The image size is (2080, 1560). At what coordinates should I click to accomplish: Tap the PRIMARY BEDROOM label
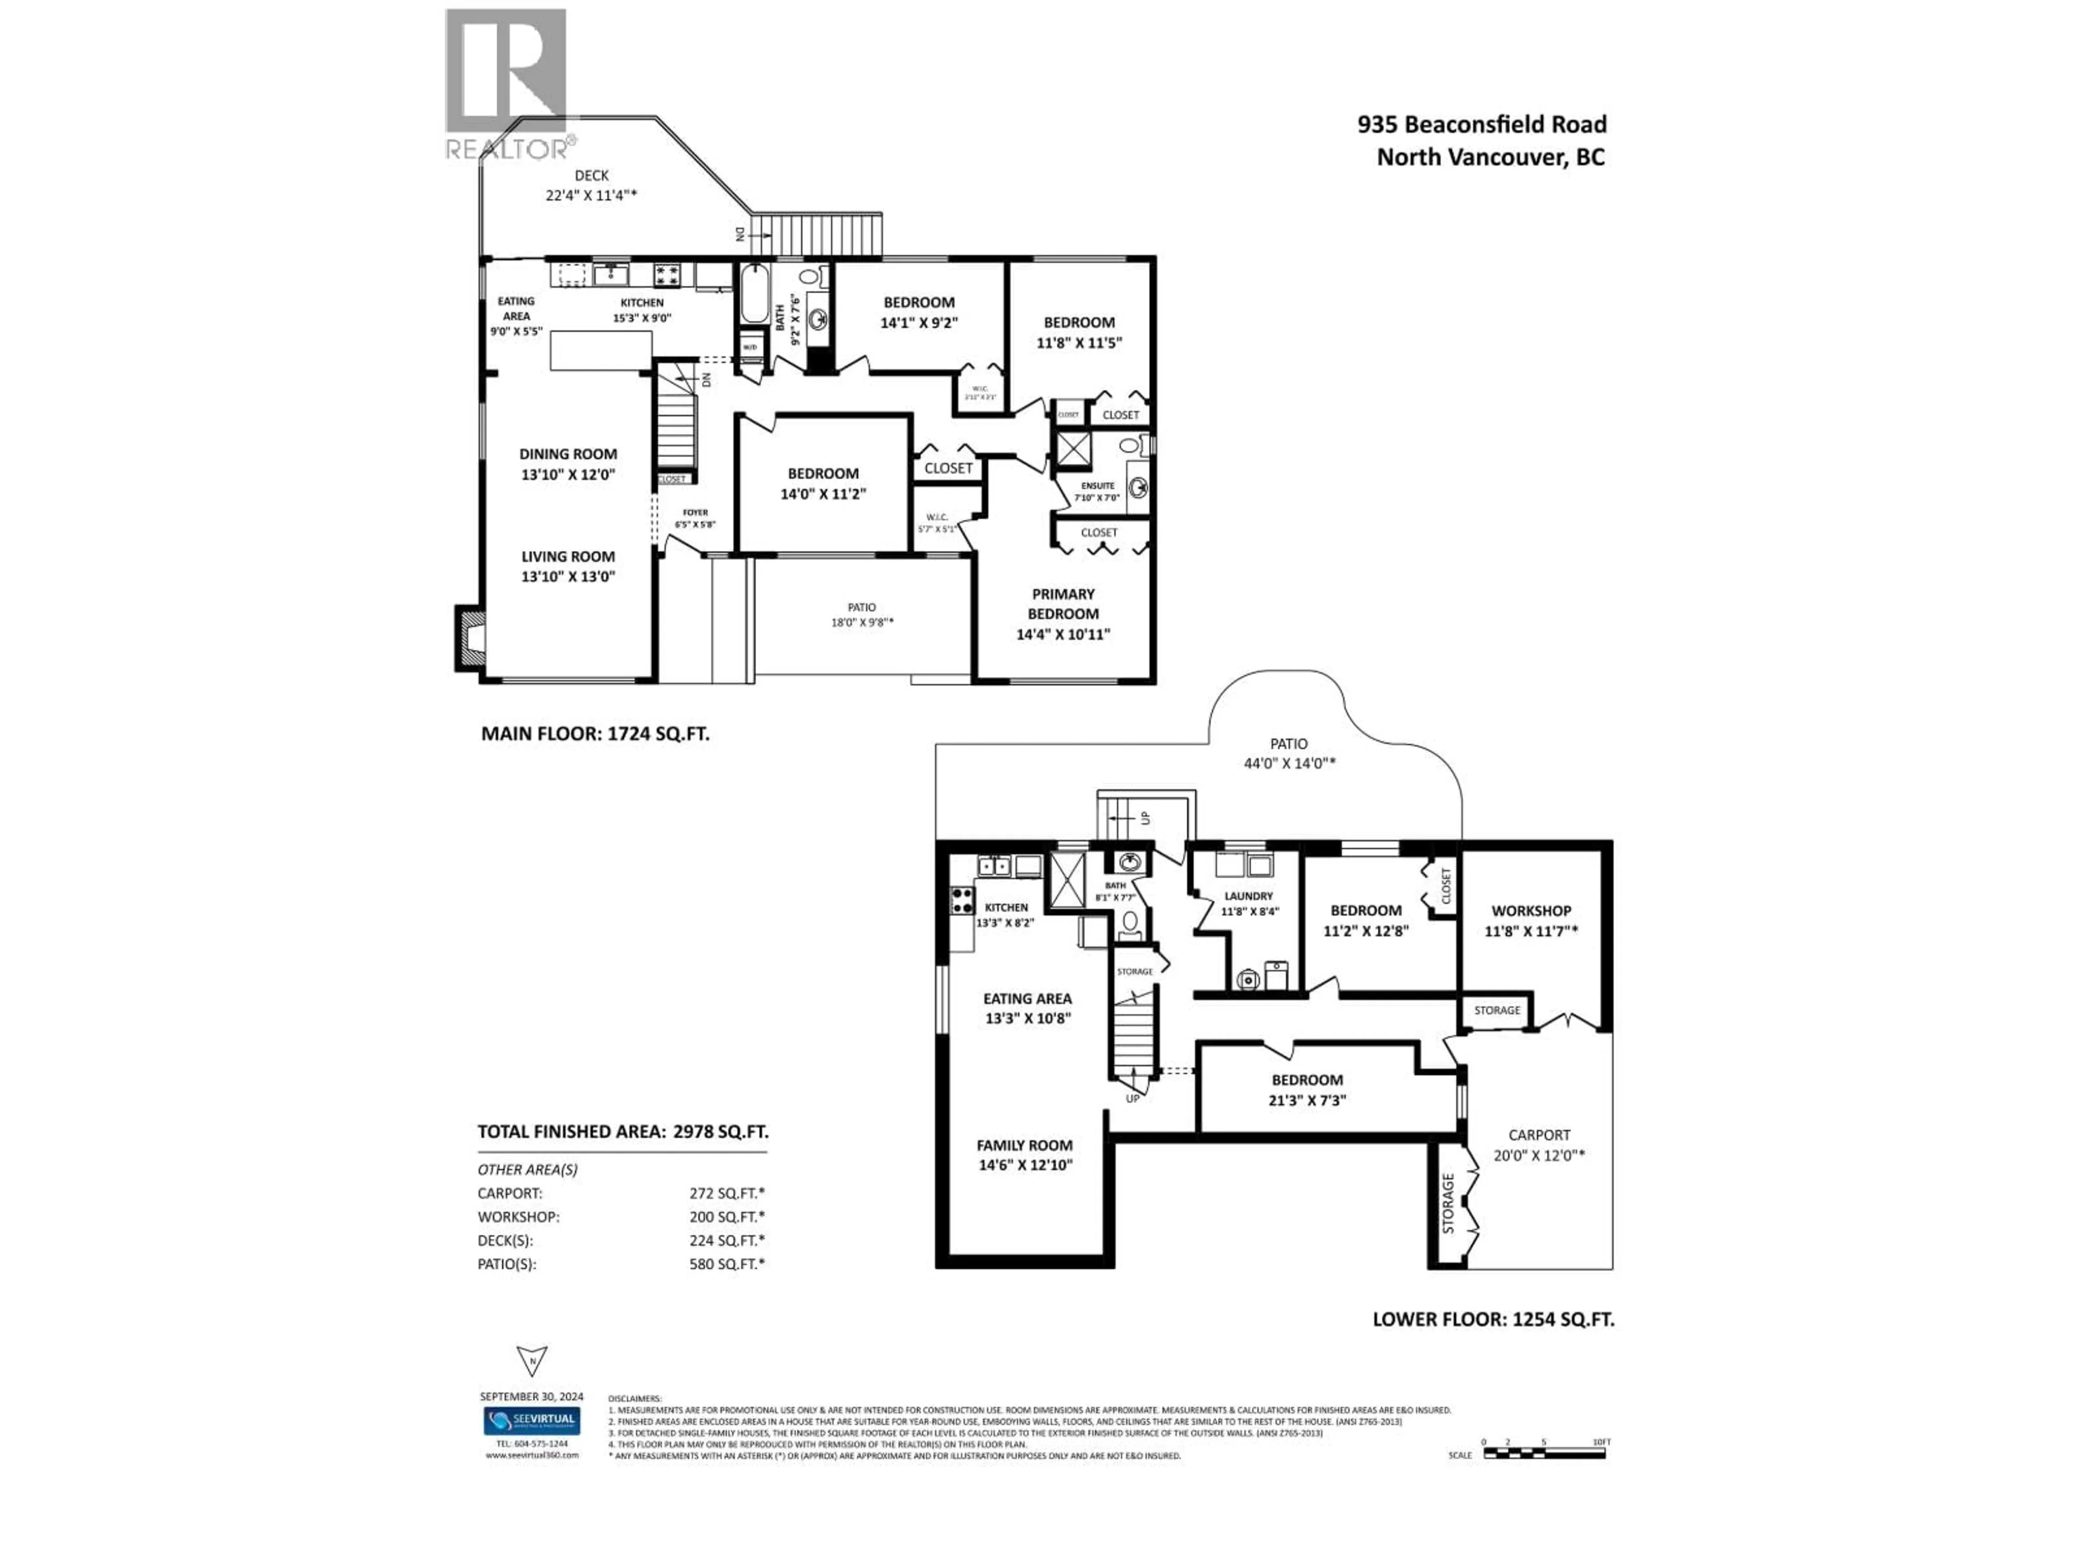(1063, 604)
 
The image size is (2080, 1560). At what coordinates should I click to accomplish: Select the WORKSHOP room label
(1531, 910)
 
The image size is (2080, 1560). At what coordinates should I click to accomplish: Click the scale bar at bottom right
(1544, 1453)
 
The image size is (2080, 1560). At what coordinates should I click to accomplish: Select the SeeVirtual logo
(531, 1420)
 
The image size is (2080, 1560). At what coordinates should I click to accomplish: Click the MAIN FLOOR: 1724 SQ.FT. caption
(595, 733)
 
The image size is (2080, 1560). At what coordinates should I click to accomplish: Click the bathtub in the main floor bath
(754, 292)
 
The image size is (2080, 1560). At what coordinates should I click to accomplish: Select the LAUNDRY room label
(1248, 896)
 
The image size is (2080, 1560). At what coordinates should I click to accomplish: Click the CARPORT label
(1538, 1135)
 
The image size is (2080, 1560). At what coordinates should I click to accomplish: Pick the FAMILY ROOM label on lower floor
(1024, 1145)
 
